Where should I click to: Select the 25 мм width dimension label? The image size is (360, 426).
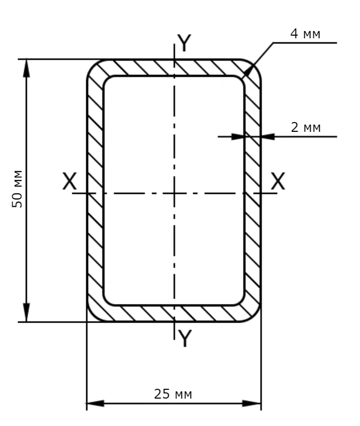pyautogui.click(x=173, y=394)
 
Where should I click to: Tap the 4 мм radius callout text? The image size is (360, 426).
pyautogui.click(x=305, y=35)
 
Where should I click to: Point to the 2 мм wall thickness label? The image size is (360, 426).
pyautogui.click(x=306, y=127)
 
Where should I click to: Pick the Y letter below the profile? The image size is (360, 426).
pyautogui.click(x=184, y=338)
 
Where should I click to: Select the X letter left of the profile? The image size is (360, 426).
pyautogui.click(x=69, y=181)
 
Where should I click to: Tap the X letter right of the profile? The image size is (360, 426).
pyautogui.click(x=278, y=181)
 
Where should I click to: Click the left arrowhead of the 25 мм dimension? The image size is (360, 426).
pyautogui.click(x=95, y=403)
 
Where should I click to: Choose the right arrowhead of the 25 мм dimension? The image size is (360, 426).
pyautogui.click(x=253, y=403)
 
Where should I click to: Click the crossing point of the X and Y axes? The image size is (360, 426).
pyautogui.click(x=175, y=193)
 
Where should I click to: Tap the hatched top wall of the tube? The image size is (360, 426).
pyautogui.click(x=155, y=68)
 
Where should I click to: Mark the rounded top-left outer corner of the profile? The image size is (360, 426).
pyautogui.click(x=92, y=65)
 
